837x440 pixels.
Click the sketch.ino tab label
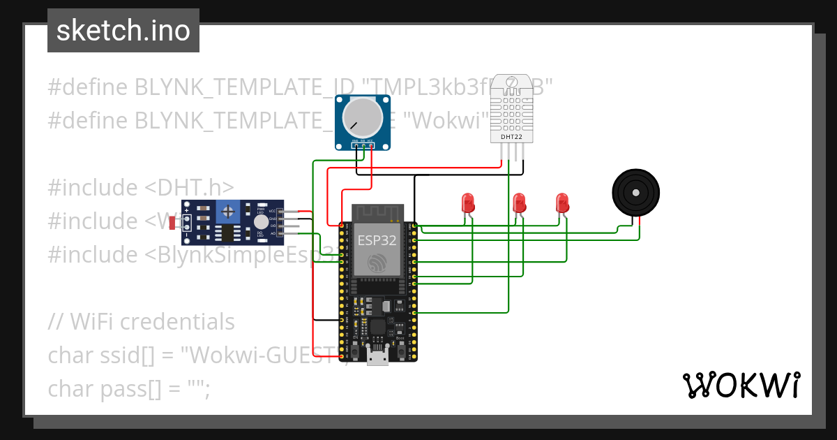click(123, 31)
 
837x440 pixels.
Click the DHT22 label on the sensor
click(511, 137)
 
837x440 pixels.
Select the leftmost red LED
click(468, 203)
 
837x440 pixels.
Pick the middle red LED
click(519, 203)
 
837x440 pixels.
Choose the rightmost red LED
click(563, 203)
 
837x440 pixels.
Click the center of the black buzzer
click(635, 192)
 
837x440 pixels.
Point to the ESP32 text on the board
click(377, 240)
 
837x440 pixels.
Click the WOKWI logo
click(741, 385)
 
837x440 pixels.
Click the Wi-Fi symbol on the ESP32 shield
click(377, 263)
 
